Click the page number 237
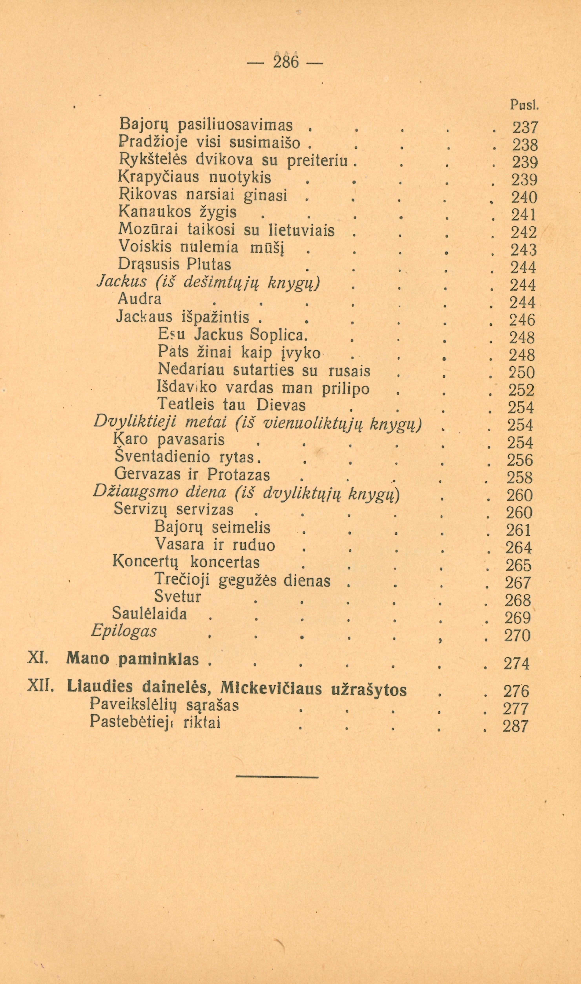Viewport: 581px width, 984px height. (x=525, y=128)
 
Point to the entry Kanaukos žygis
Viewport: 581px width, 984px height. (x=177, y=212)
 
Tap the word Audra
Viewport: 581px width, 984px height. (x=139, y=299)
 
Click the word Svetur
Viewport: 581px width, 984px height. (x=178, y=596)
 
